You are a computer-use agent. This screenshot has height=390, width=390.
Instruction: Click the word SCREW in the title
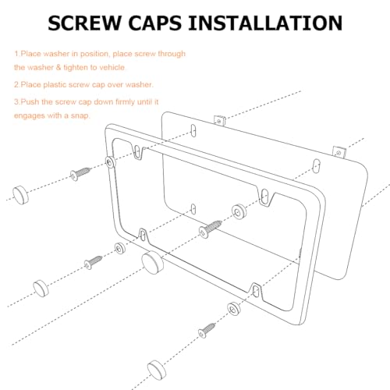(84, 23)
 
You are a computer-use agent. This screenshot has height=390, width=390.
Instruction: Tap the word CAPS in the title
(154, 23)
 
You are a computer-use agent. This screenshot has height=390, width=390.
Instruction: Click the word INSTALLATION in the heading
(265, 23)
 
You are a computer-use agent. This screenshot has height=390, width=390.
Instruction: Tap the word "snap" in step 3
(80, 115)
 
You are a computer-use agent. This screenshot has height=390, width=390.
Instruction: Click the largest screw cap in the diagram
(153, 263)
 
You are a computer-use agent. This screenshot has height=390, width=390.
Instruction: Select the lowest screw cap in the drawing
(157, 370)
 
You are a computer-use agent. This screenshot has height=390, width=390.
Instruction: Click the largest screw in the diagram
(210, 229)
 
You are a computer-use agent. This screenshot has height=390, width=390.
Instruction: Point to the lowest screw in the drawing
(207, 330)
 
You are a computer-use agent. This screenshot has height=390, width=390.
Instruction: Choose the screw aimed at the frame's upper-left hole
(80, 173)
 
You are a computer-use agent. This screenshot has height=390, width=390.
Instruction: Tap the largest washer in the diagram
(239, 211)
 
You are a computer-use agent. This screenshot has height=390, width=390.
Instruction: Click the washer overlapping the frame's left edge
(111, 162)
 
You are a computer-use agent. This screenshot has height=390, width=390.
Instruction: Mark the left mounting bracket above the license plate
(219, 120)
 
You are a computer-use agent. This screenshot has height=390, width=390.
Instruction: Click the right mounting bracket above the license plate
(339, 152)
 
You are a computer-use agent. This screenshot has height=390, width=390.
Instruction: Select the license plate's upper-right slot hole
(316, 166)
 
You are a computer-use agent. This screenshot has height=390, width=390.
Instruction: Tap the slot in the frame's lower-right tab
(256, 290)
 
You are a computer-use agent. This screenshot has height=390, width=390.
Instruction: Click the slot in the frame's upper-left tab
(137, 151)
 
